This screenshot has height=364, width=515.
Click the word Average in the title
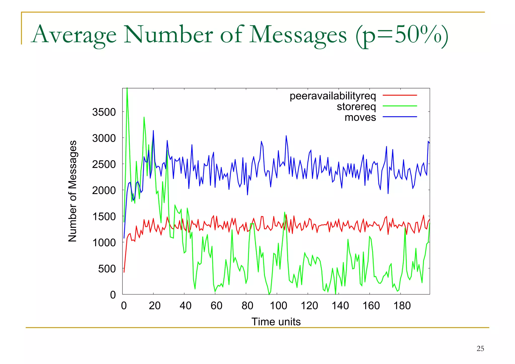pos(75,35)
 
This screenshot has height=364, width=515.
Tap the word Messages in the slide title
pos(298,35)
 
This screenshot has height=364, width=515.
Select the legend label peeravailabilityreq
pos(332,96)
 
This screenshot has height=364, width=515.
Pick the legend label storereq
pos(356,107)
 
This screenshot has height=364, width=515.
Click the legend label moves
pos(360,117)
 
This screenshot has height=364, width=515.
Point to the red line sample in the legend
pos(400,95)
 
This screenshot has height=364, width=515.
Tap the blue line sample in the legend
pos(400,117)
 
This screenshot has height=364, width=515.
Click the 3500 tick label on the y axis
pos(104,112)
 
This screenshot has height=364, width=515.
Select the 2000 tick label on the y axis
pos(104,191)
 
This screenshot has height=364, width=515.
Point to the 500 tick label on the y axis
pos(107,269)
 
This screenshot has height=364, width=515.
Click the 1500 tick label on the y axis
pos(104,217)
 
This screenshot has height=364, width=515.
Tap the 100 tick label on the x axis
pos(278,306)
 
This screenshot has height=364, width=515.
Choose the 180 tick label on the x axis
pos(402,306)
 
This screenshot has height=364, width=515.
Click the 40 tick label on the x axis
pos(186,306)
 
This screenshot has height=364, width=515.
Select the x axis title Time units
pos(276,322)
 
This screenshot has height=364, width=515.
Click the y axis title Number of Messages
pos(72,191)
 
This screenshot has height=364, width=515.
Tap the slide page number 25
pos(480,349)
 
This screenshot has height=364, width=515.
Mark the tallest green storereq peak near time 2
pos(127,89)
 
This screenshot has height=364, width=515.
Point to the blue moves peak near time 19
pos(153,131)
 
